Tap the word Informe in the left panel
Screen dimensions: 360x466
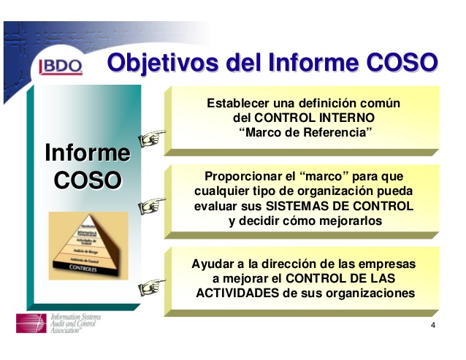[87, 153]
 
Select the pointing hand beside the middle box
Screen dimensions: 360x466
[152, 206]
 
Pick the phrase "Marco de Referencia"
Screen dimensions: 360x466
[306, 132]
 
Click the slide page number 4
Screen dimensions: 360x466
[433, 325]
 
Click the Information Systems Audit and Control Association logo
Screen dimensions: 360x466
[58, 324]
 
